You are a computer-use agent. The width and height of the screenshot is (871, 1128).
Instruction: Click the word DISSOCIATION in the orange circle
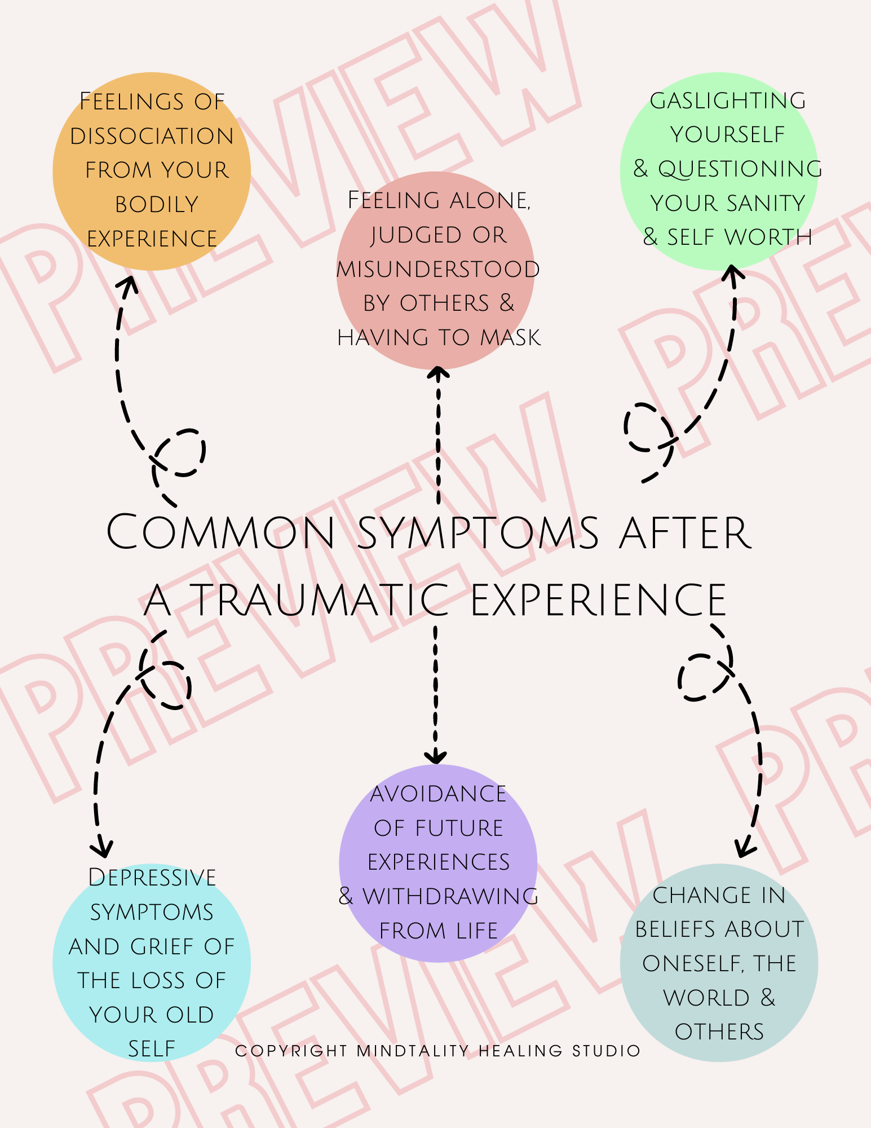coord(152,136)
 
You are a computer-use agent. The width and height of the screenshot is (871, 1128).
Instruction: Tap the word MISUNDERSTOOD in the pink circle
coord(438,269)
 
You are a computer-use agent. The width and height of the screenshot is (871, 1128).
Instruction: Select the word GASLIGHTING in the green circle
coord(728,101)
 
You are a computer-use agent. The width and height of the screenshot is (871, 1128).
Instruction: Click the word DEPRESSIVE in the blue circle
coord(152,878)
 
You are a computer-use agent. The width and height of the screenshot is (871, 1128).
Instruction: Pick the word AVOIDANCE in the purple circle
coord(438,794)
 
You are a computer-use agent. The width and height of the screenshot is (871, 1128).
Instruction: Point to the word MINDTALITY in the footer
coord(413,1051)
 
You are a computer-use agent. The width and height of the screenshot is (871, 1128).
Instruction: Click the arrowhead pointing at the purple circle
coord(436,757)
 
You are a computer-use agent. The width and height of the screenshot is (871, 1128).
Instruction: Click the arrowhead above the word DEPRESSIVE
coord(102,849)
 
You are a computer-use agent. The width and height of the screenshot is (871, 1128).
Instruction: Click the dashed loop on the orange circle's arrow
coord(179,452)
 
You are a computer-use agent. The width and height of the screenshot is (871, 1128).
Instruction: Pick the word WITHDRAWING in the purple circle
coord(450,896)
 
